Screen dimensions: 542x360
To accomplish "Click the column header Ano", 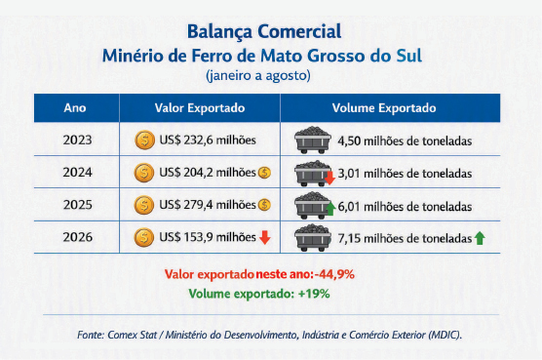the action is point(75,108).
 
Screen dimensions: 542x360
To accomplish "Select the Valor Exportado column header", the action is point(200,108).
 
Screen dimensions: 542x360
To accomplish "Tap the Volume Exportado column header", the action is point(384,108).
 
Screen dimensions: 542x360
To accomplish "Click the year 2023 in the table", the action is point(77,140).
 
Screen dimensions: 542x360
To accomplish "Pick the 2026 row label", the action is point(77,237).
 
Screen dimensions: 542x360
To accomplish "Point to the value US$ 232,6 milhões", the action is point(208,140).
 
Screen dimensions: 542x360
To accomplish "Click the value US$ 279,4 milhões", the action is point(208,205).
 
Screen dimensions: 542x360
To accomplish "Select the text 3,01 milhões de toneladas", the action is point(405,174).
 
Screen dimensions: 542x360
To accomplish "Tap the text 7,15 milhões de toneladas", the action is point(405,238).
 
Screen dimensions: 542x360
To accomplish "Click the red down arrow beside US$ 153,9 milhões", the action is point(265,238).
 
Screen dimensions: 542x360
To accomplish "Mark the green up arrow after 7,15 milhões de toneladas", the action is point(480,238).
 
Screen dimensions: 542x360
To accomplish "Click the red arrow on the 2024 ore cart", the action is point(330,178).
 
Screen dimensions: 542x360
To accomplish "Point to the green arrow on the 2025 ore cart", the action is point(330,209).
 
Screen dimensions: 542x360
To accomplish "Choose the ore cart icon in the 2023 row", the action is point(313,140).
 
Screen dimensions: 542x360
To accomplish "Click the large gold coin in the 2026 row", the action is point(144,237).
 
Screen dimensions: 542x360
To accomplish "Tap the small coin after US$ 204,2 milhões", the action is point(264,173).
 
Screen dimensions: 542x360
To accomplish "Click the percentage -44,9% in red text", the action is point(334,274).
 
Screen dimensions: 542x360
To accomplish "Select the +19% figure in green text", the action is point(314,294).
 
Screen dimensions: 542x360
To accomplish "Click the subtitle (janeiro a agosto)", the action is point(258,75).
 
